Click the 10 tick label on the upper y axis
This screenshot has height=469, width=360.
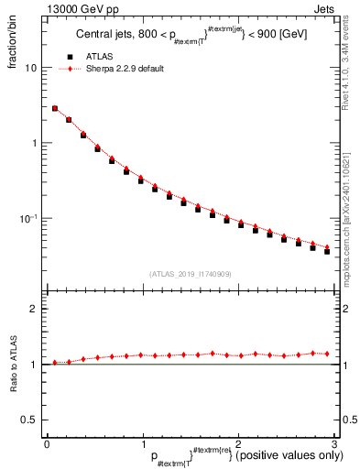(30, 68)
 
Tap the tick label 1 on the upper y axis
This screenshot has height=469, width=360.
(34, 144)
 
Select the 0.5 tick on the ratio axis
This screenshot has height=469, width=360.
(28, 420)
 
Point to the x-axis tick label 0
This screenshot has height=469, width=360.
(46, 443)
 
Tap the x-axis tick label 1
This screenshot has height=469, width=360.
(141, 443)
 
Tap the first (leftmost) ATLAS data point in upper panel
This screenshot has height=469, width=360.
(55, 109)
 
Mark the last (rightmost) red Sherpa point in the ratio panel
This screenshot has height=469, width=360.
(327, 354)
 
